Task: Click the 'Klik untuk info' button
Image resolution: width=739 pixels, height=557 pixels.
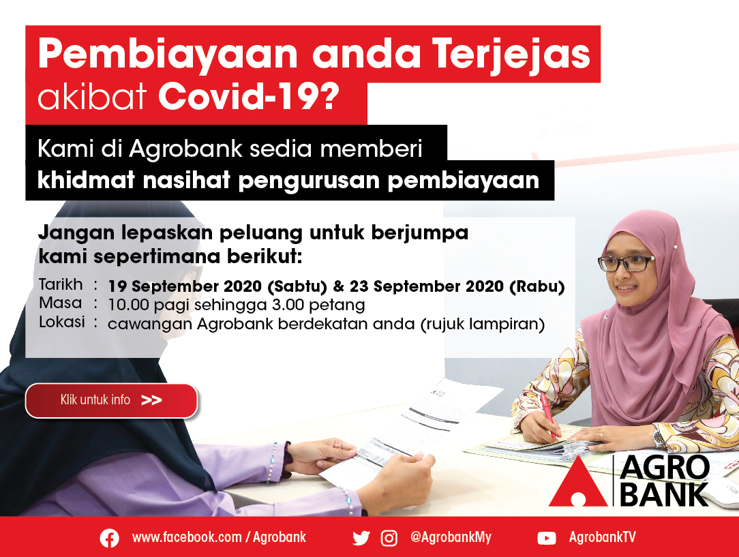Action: click(111, 401)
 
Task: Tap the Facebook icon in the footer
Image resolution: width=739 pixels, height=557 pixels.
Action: click(109, 538)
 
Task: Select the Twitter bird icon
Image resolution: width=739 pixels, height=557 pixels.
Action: click(361, 538)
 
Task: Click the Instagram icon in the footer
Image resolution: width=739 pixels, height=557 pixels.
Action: click(389, 538)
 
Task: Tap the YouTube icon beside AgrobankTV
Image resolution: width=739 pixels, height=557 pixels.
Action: click(547, 538)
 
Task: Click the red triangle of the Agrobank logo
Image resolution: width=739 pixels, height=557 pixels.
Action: click(579, 482)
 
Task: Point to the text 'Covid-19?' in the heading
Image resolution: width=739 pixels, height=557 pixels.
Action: click(248, 97)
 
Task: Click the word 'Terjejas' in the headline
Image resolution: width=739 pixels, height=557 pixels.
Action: click(511, 55)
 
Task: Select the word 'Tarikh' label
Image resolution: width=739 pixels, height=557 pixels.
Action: click(61, 284)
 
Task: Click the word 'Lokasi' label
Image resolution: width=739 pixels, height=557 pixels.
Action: click(62, 322)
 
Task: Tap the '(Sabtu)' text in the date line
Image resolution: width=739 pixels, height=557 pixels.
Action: click(297, 286)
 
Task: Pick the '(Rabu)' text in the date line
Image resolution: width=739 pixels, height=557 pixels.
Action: click(537, 286)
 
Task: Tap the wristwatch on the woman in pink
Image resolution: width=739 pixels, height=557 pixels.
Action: click(659, 438)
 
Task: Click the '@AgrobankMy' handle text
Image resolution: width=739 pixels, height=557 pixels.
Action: click(451, 538)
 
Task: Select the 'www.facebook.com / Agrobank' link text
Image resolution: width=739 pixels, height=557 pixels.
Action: click(219, 537)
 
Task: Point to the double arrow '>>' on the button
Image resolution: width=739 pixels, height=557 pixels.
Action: click(151, 401)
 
